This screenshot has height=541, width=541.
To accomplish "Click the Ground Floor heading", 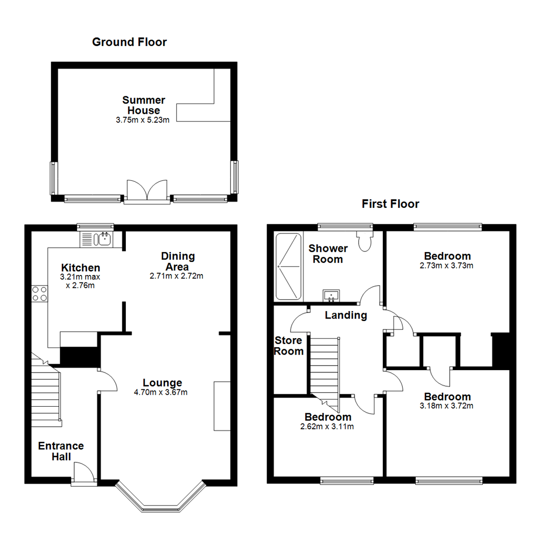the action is tap(129, 42).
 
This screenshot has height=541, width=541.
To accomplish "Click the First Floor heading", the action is tap(390, 204).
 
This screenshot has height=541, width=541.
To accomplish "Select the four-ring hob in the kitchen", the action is tap(40, 294).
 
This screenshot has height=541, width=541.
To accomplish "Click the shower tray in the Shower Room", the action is tap(288, 266).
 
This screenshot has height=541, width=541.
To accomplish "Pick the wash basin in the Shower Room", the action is tap(331, 296).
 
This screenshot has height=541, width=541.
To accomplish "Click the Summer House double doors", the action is tap(147, 190).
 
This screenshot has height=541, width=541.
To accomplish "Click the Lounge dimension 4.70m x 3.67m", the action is tap(161, 392).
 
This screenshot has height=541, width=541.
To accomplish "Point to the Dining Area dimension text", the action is tap(176, 276).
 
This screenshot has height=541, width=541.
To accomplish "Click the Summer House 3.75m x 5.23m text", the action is tap(142, 120).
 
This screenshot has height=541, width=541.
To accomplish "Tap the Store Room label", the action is tap(289, 346).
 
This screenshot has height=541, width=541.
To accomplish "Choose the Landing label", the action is tap(346, 316).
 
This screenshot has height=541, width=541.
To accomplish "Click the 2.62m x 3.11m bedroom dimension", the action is tap(327, 427).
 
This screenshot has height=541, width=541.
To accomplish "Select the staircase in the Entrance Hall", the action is tap(47, 390).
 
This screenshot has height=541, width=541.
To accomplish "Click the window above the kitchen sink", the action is tap(95, 227).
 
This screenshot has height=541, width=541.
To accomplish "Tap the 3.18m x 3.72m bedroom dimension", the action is tap(446, 406).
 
